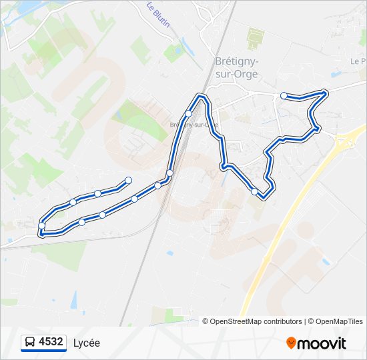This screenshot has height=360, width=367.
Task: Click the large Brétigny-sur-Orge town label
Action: click(237, 66)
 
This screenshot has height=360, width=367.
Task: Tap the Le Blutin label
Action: click(158, 14)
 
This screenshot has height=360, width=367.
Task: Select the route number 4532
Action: click(51, 342)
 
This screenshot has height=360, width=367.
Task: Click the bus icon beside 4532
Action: click(30, 343)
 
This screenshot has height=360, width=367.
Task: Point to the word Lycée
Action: click(87, 343)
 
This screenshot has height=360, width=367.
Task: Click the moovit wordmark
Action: click(322, 343)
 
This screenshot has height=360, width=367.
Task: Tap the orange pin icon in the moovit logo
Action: click(291, 343)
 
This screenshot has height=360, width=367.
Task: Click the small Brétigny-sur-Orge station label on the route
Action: click(194, 125)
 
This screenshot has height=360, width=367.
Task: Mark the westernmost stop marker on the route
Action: click(42, 226)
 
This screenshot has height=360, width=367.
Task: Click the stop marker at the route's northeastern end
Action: click(284, 96)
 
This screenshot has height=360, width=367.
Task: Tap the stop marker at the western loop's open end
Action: click(128, 181)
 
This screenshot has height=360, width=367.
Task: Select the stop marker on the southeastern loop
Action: click(254, 191)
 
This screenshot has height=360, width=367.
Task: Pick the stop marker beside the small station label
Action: click(188, 114)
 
